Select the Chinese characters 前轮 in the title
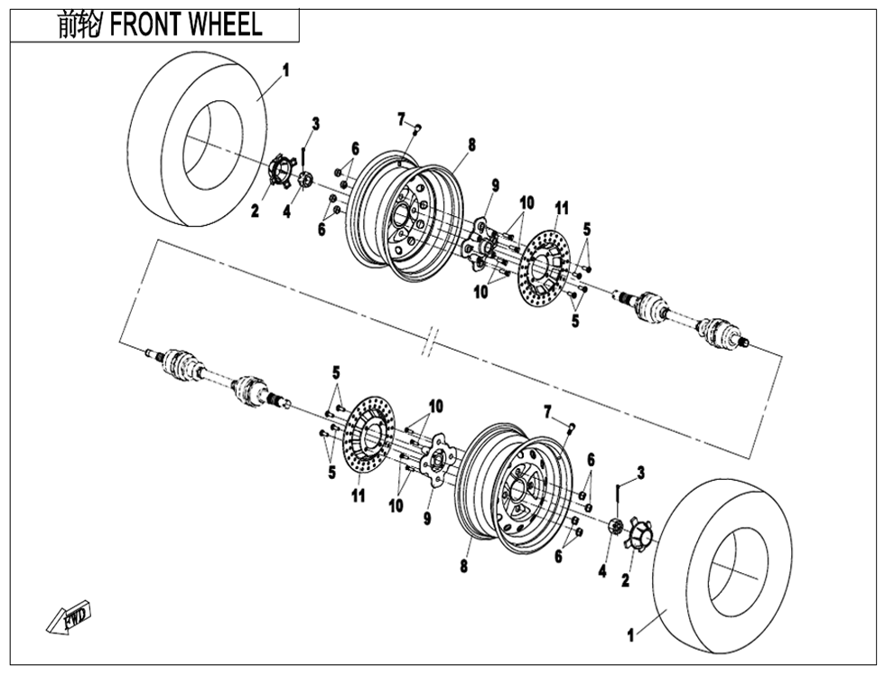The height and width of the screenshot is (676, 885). (x=79, y=25)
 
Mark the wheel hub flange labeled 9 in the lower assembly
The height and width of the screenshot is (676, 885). (x=438, y=462)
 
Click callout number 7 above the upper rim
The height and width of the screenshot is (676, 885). (x=400, y=118)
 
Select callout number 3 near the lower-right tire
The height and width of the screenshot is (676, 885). (x=640, y=472)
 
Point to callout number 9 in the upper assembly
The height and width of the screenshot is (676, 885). (x=495, y=185)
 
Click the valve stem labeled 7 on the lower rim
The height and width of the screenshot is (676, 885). (x=573, y=426)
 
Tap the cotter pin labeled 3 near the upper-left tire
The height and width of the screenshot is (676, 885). (x=302, y=155)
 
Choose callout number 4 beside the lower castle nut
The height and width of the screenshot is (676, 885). (x=602, y=571)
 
